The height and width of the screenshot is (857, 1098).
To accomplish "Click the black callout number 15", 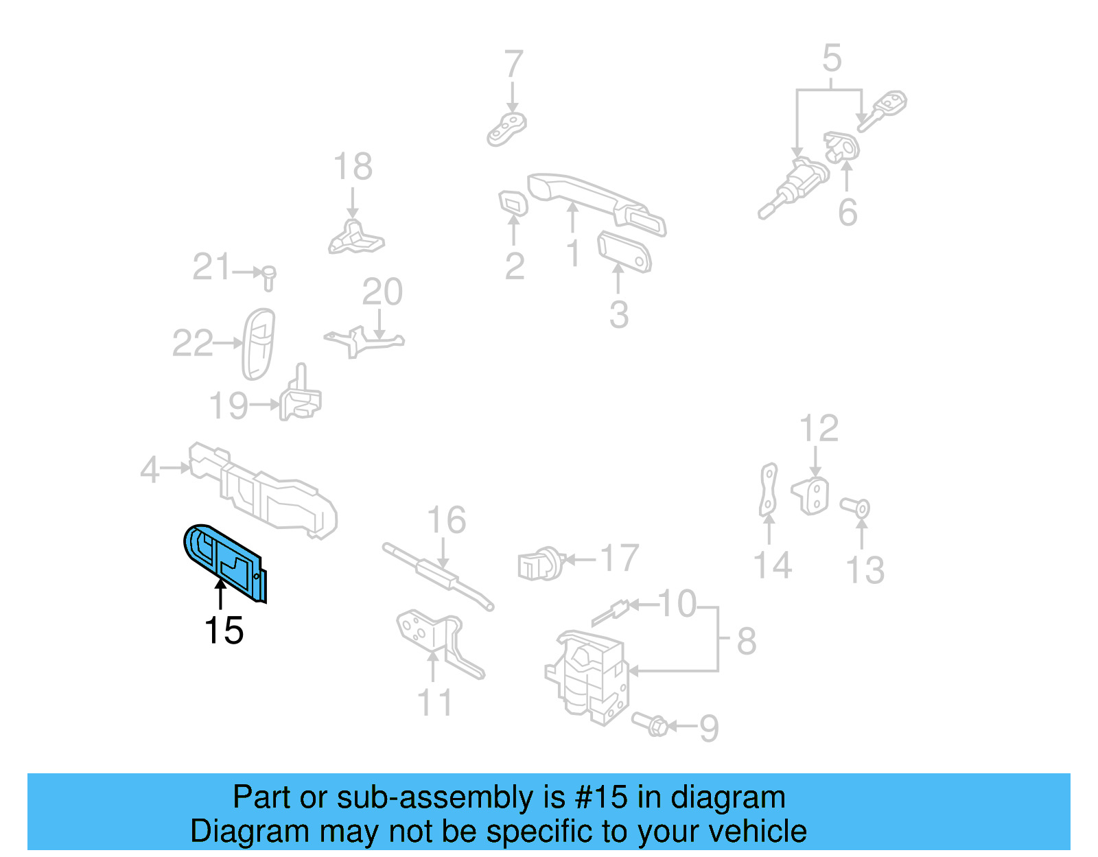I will [224, 630].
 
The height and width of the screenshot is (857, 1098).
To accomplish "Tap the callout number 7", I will [513, 65].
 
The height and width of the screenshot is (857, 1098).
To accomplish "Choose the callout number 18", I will [352, 167].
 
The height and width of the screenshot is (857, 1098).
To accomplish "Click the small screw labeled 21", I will [269, 277].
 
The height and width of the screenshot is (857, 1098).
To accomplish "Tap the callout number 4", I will [150, 470].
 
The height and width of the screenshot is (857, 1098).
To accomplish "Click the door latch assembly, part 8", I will [589, 676].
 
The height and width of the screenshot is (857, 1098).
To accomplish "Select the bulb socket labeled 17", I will [540, 563].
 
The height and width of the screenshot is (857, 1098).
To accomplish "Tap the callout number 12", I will [819, 429].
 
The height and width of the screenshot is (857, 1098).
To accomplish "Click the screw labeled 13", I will [856, 508].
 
